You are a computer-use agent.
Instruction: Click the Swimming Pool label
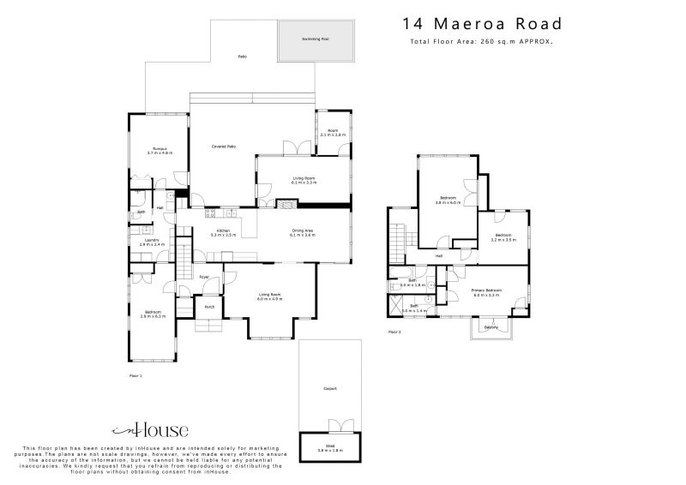pyautogui.click(x=315, y=39)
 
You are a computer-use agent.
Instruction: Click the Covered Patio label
pyautogui.click(x=224, y=147)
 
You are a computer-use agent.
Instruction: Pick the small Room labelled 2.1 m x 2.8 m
pyautogui.click(x=333, y=132)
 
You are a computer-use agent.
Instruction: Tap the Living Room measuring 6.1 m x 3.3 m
pyautogui.click(x=304, y=180)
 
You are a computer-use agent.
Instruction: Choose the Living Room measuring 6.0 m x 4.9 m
pyautogui.click(x=270, y=296)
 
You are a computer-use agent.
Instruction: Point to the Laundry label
pyautogui.click(x=152, y=242)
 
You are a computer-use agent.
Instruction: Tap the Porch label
pyautogui.click(x=208, y=306)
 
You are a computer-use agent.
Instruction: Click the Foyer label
pyautogui.click(x=204, y=277)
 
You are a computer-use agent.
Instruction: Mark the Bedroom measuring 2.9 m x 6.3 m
pyautogui.click(x=153, y=314)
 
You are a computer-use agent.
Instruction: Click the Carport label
pyautogui.click(x=330, y=388)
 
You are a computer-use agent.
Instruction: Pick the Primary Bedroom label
pyautogui.click(x=484, y=291)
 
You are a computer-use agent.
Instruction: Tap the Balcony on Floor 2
pyautogui.click(x=490, y=326)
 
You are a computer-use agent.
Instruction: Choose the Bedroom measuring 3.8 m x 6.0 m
pyautogui.click(x=448, y=201)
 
